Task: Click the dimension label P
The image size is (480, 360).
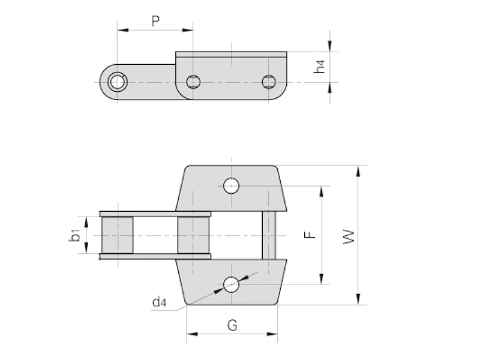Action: coord(155,22)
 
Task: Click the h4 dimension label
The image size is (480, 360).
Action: coord(319,67)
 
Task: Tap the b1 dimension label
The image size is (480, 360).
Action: coord(74,235)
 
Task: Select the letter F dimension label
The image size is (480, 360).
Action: coord(310,235)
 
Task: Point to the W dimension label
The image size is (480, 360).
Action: coord(349,236)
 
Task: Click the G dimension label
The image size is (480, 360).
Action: coord(232,325)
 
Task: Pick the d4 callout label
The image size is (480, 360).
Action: coord(160,302)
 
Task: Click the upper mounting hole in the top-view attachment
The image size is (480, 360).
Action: coord(232,186)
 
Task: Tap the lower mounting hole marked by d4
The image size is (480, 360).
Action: coord(232,284)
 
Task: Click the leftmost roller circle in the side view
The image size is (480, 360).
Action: coord(117,82)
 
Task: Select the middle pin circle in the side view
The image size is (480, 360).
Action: coord(193,82)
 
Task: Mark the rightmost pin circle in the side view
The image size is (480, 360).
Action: coord(269,82)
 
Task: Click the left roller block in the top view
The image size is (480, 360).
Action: coord(118,235)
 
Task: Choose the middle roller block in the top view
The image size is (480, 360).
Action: coord(193,235)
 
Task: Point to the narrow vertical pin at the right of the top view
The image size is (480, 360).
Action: coord(269,235)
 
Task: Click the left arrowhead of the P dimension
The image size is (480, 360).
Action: coord(123,30)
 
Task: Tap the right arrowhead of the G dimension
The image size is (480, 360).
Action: coord(272,334)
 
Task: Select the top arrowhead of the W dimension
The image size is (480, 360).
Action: coord(358,171)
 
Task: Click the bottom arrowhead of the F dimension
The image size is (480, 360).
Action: coord(322,278)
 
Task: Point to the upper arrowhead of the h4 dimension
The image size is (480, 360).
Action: coord(329,46)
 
